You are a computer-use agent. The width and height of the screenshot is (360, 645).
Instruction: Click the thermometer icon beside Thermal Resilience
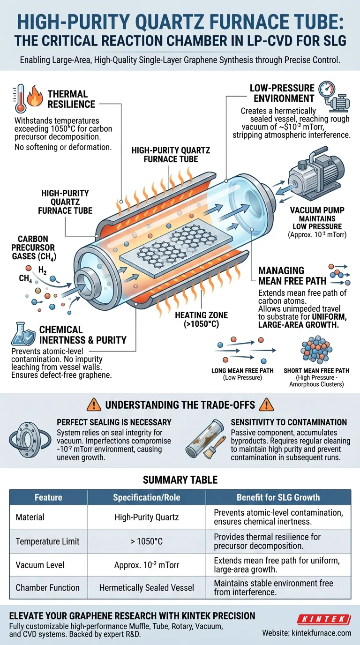coord(20,98)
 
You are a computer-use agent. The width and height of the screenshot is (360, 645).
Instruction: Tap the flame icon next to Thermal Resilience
coord(35,96)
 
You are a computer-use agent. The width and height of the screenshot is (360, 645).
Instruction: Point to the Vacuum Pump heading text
coord(317,210)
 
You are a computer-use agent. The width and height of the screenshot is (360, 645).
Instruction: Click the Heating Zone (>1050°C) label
coord(201,319)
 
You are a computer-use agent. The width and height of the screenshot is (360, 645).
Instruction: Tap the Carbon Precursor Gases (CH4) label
coord(34,247)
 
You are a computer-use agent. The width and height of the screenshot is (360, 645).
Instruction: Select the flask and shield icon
coord(23,334)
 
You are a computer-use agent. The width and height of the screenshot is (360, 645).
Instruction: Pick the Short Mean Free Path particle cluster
coord(316,350)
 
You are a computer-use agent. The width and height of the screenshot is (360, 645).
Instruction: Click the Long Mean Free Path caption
coord(242,374)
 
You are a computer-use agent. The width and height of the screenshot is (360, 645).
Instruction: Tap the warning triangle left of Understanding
coord(94,405)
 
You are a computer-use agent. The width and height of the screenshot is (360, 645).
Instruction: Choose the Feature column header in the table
coord(48,497)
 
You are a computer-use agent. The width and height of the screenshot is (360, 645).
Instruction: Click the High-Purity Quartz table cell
coord(147,517)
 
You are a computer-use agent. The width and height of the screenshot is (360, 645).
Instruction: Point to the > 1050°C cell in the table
coord(147,541)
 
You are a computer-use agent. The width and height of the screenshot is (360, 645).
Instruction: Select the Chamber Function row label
coord(47,588)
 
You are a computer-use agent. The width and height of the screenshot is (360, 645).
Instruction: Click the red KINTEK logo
coord(324,619)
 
